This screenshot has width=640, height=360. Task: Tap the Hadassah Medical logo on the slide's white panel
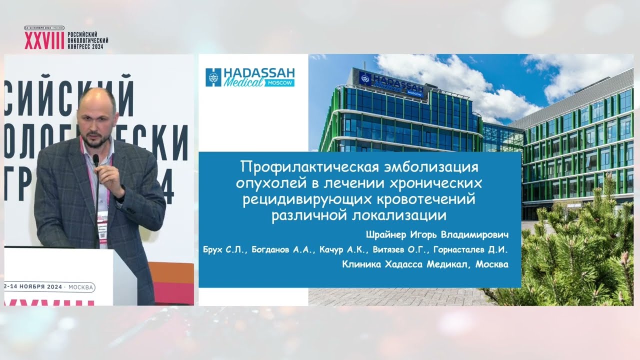point(250,77)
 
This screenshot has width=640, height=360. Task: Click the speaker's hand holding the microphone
point(107,175)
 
